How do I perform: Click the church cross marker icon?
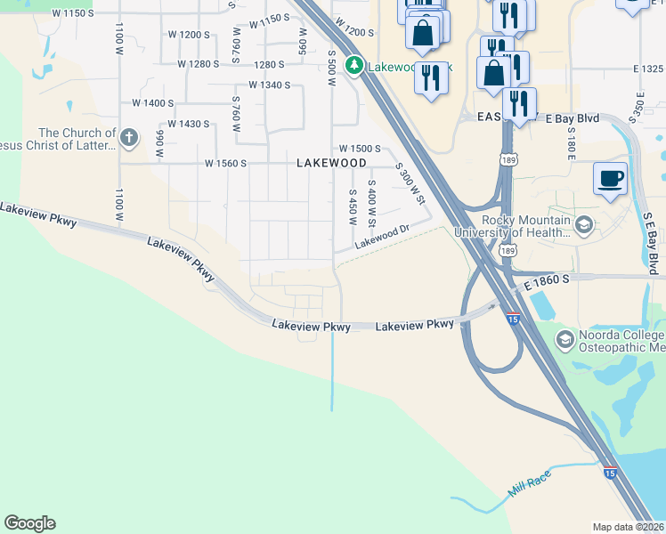(129, 137)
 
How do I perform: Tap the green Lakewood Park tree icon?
(354, 65)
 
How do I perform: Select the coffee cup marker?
(610, 178)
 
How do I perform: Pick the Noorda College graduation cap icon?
(564, 339)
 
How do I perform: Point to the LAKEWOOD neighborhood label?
(331, 164)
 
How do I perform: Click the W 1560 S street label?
(224, 164)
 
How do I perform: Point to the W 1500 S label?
(360, 149)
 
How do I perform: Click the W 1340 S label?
(270, 85)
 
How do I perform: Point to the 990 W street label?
(160, 143)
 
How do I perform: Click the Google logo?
(29, 523)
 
